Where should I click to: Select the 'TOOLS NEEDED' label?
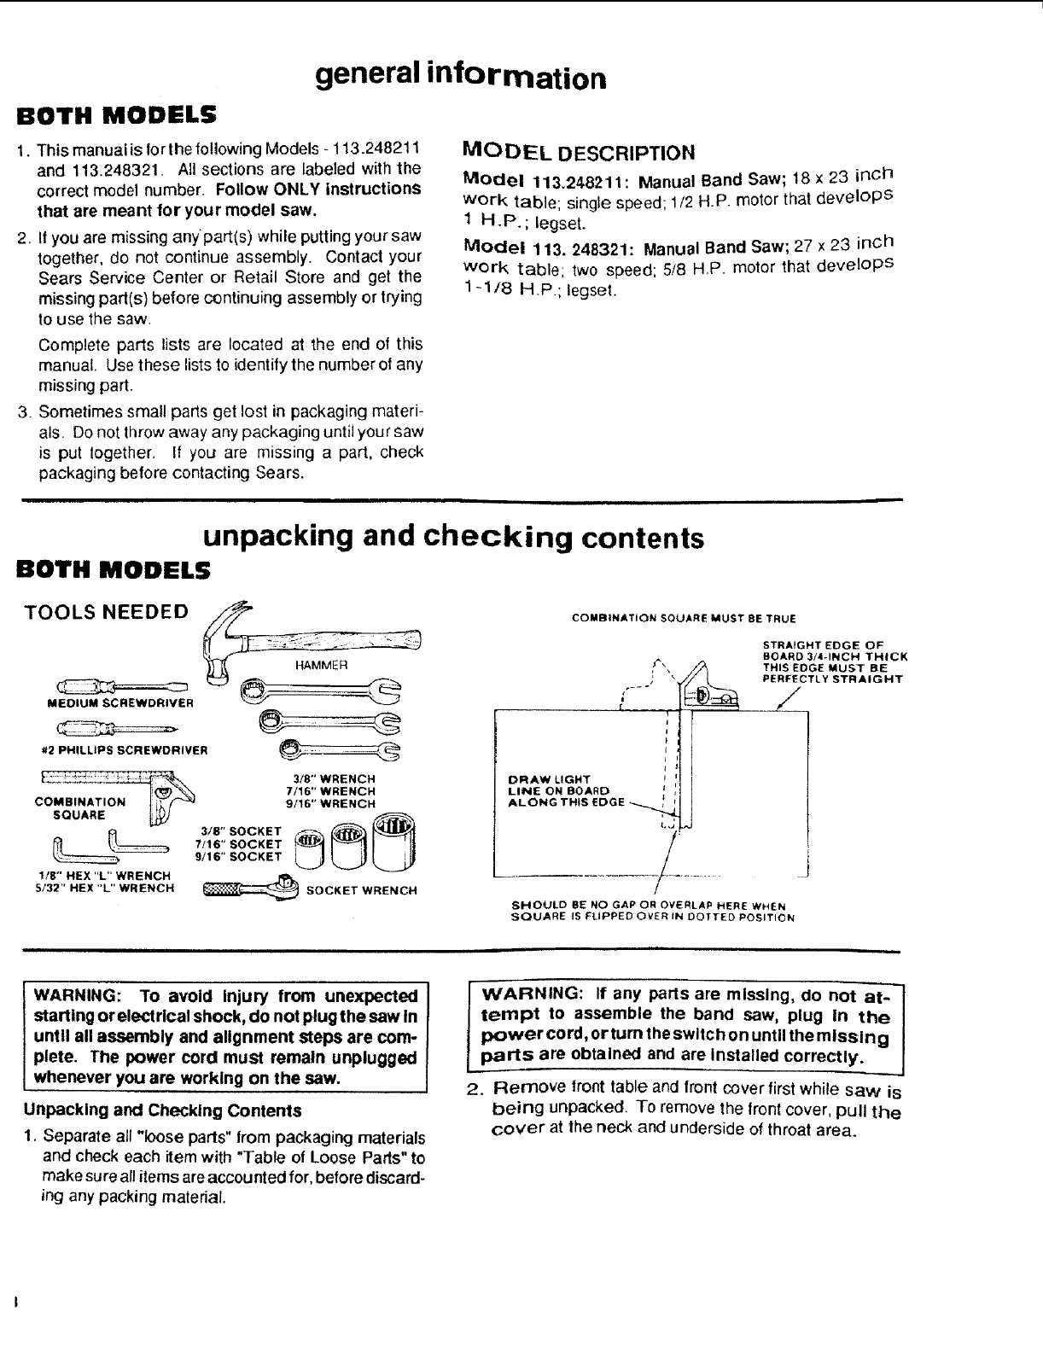[107, 611]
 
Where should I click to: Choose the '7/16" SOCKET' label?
[239, 843]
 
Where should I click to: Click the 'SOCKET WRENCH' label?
[362, 890]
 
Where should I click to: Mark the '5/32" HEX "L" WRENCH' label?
[105, 888]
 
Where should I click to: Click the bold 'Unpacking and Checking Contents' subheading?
[161, 1110]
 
